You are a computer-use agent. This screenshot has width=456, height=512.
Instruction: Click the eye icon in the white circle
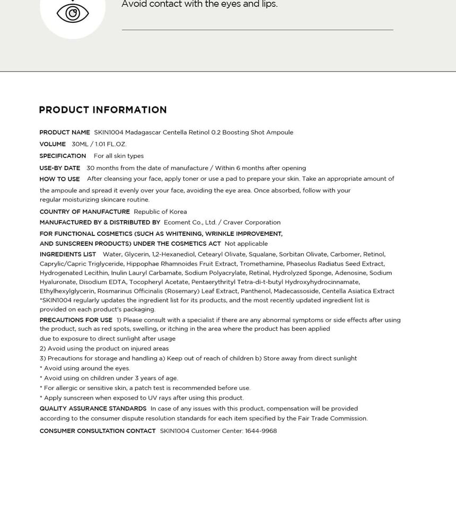click(73, 13)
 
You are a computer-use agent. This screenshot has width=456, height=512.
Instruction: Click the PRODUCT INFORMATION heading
click(103, 110)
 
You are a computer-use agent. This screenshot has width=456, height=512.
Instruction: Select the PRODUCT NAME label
click(65, 133)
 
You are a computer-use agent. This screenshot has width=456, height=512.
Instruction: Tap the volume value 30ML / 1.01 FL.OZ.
click(99, 144)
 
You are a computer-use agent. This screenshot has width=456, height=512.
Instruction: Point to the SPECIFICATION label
click(63, 156)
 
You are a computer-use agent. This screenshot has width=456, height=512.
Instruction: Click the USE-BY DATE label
click(60, 168)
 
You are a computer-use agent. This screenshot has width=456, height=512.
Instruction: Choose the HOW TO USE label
click(59, 179)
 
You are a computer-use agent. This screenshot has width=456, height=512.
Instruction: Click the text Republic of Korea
click(160, 212)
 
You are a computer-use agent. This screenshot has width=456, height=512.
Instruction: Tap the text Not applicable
click(246, 244)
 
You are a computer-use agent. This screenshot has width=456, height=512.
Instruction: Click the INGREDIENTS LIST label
click(68, 254)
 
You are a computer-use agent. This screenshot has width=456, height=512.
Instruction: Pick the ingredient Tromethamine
click(260, 264)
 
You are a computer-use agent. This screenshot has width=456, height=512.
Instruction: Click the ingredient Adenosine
click(350, 273)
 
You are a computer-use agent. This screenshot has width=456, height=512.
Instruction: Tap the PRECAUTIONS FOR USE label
click(76, 320)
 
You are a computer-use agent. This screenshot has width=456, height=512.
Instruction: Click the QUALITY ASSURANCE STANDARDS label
click(93, 409)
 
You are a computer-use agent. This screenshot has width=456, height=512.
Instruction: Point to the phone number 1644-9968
click(261, 431)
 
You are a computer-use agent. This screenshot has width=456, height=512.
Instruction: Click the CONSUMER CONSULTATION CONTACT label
click(98, 431)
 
